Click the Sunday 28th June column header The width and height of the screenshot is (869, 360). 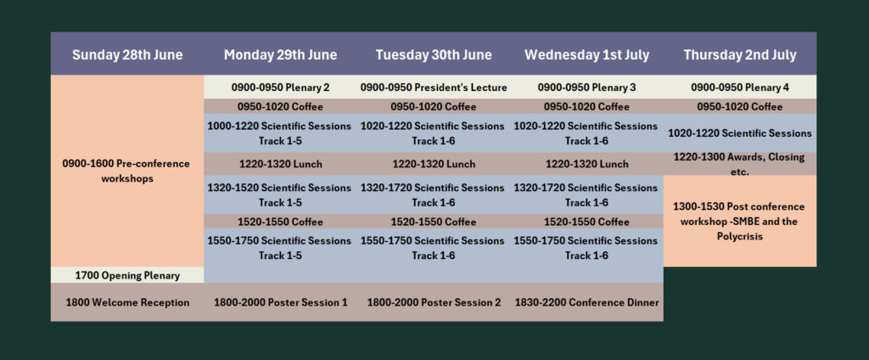click(x=127, y=55)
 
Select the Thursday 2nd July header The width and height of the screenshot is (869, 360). click(x=740, y=55)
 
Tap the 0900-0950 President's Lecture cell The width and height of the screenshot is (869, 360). click(x=434, y=87)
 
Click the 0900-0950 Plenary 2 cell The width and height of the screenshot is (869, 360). click(x=280, y=87)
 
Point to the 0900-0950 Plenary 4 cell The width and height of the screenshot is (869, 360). click(x=740, y=87)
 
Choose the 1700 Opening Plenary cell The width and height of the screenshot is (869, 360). click(x=127, y=275)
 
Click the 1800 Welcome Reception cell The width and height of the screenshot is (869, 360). click(x=127, y=302)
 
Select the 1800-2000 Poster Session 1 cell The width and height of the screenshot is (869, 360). click(x=280, y=302)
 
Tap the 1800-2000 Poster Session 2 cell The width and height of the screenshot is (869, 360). click(x=434, y=302)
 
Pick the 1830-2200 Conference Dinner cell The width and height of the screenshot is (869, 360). click(x=587, y=302)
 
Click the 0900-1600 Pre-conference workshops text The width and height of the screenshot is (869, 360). click(x=126, y=171)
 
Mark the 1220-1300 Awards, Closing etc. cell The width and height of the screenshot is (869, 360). click(x=740, y=164)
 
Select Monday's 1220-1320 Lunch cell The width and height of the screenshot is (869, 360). click(x=280, y=164)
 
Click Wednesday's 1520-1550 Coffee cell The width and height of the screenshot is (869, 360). click(x=587, y=222)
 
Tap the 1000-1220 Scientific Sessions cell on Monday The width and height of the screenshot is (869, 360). click(x=280, y=133)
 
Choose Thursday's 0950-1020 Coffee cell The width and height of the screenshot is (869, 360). click(x=740, y=106)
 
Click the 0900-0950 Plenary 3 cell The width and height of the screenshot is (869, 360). click(x=587, y=87)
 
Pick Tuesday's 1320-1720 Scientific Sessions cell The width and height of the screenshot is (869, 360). click(x=434, y=194)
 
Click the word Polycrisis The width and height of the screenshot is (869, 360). click(x=739, y=237)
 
